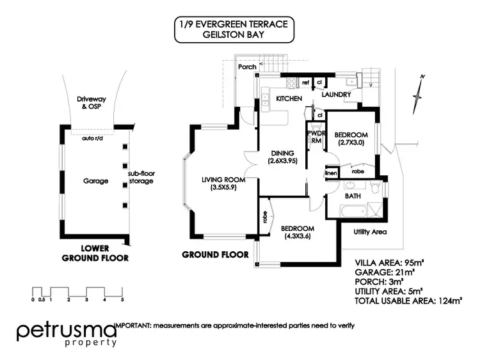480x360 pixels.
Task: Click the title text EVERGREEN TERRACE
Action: click(x=246, y=26)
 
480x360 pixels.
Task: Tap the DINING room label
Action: click(x=282, y=153)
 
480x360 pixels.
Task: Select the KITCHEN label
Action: click(x=289, y=99)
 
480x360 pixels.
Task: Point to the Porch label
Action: click(x=247, y=67)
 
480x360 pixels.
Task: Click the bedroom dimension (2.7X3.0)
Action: click(x=353, y=143)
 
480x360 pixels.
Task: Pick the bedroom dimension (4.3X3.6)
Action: click(x=298, y=237)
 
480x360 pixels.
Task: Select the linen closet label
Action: click(x=331, y=173)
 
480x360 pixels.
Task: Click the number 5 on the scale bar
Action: click(x=121, y=299)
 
